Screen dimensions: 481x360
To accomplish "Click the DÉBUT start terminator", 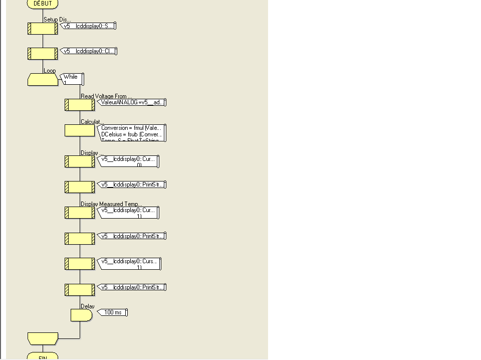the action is click(x=43, y=4).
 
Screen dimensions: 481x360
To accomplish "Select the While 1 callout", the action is click(x=72, y=79).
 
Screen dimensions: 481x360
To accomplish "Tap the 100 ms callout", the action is click(x=113, y=312).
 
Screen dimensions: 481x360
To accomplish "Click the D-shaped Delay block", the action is click(x=81, y=315).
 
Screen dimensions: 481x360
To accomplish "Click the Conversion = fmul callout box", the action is click(x=132, y=133).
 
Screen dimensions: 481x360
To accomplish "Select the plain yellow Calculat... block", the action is click(x=80, y=130).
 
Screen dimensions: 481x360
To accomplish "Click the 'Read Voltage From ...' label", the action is click(x=106, y=96).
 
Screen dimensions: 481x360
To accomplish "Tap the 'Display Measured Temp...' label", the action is click(x=111, y=204).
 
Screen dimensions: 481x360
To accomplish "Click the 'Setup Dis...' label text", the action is click(x=57, y=20).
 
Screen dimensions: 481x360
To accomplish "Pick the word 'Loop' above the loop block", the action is click(x=50, y=71).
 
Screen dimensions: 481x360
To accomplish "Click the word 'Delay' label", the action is click(x=87, y=306).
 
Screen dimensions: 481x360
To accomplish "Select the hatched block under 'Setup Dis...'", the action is click(x=43, y=29).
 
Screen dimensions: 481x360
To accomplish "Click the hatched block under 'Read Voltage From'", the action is click(x=80, y=105).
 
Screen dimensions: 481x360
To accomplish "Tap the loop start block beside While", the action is click(x=43, y=79).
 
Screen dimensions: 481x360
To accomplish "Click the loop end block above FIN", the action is click(x=43, y=338).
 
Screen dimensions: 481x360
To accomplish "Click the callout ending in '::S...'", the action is click(x=88, y=26).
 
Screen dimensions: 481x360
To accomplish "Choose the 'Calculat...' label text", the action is click(x=92, y=122).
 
